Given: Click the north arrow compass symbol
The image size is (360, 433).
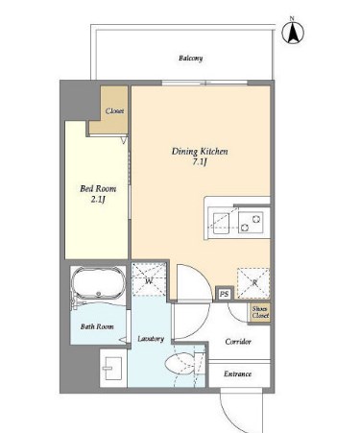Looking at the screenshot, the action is tap(293, 32).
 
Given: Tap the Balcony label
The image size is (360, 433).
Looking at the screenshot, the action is tap(191, 59).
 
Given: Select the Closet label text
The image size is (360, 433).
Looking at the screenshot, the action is tap(114, 110).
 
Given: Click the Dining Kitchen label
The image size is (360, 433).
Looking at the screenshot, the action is tap(200, 151).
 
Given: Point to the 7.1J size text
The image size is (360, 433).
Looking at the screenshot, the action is tap(200, 162).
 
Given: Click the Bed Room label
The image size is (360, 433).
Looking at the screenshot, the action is tap(98, 188).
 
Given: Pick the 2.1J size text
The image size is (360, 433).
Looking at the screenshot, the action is tap(98, 200).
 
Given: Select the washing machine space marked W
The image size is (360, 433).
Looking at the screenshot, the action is tap(149, 279).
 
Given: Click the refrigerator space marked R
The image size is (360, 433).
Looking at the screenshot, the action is tap(253, 283).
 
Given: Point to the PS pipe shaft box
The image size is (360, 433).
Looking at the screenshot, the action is tap(225, 294).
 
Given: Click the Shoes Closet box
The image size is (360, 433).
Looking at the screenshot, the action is tap(260, 312).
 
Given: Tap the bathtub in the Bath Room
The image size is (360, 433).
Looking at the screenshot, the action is tap(98, 283).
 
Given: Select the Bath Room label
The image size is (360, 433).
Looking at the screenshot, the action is tap(97, 326).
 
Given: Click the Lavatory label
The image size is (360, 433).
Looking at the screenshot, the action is tap(151, 339).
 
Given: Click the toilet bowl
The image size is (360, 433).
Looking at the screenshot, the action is tap(180, 364).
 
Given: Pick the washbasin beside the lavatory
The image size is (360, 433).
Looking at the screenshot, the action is tap(112, 369).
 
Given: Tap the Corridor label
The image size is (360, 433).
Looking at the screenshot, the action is tap(238, 342).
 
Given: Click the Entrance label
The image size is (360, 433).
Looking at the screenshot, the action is tap(238, 373).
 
